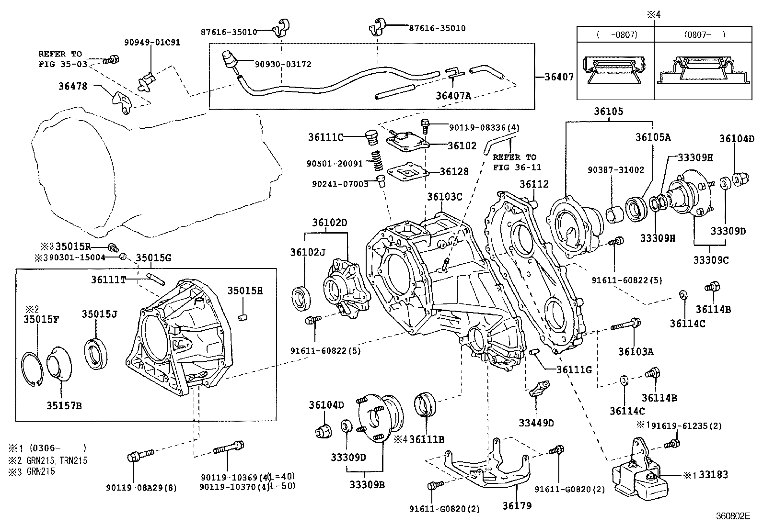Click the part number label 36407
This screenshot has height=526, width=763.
click(559, 77)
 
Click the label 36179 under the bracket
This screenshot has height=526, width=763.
click(517, 505)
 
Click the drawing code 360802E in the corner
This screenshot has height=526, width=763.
click(732, 516)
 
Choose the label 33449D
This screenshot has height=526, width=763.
click(536, 423)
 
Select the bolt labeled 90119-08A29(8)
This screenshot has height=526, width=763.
click(139, 455)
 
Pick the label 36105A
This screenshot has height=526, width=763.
click(653, 137)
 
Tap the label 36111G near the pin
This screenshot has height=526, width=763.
click(574, 369)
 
